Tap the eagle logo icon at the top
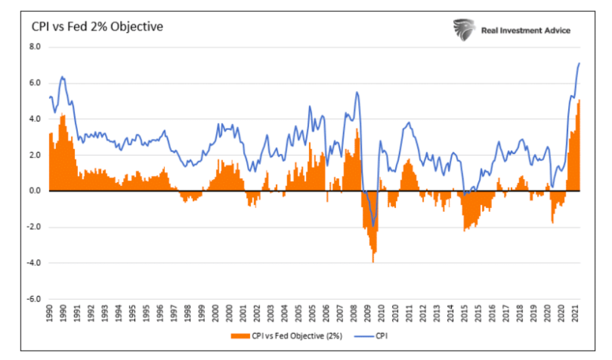463,29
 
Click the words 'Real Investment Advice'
525,30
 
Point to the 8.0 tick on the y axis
35,47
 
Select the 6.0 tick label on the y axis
35,83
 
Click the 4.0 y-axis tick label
35,119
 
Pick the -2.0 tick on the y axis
33,227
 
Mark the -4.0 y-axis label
33,263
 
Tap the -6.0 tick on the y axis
33,299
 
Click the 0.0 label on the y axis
35,191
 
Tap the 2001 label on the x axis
243,315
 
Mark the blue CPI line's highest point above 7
579,63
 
